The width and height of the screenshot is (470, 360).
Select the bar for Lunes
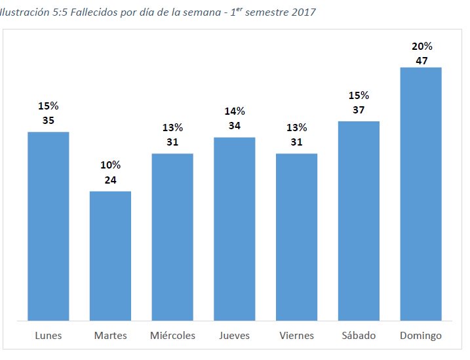tap(48, 226)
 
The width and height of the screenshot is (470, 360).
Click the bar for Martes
tap(110, 256)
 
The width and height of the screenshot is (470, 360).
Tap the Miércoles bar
tap(172, 237)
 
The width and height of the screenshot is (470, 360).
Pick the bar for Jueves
tap(234, 230)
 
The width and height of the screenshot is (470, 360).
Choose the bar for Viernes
tap(296, 237)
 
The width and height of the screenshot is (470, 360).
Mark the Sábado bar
tap(359, 221)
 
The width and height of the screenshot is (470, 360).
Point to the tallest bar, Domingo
tap(420, 194)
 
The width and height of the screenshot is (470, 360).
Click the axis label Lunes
tap(48, 336)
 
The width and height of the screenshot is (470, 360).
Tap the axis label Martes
tap(110, 336)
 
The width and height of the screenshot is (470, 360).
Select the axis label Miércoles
tap(172, 336)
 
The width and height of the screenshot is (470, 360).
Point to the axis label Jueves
tap(234, 336)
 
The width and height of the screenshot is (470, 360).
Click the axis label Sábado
tap(359, 336)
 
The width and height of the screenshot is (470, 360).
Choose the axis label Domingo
tap(420, 336)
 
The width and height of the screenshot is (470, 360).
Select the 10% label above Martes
tap(110, 165)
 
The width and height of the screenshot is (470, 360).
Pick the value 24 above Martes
tap(110, 180)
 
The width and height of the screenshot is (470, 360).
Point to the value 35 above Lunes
tap(48, 120)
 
